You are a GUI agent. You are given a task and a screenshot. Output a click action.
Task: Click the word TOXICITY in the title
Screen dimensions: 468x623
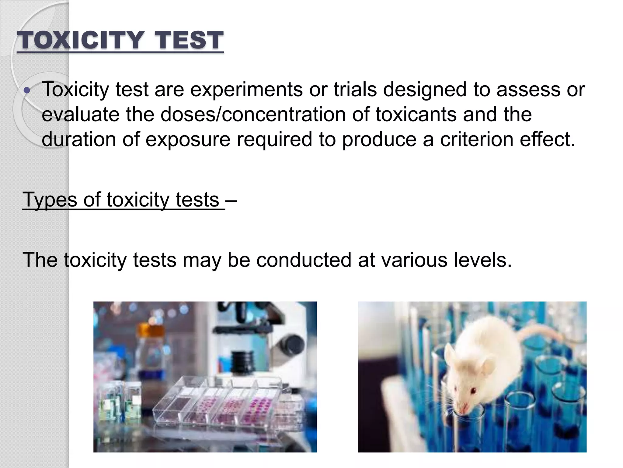tap(80, 40)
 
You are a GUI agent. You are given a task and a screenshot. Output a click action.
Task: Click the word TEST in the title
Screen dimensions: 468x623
tap(189, 40)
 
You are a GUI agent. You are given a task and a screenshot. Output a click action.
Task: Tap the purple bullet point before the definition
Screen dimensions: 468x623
tap(27, 90)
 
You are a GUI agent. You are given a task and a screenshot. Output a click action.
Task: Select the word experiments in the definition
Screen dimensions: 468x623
tap(246, 90)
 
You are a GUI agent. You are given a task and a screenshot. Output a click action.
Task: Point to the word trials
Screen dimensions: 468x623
tap(355, 90)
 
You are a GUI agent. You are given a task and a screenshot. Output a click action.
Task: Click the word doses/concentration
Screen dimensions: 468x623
tap(253, 115)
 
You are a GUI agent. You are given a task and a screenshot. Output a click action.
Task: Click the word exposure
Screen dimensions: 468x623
tap(188, 140)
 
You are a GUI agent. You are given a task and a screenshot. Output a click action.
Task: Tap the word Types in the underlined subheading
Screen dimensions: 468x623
tap(50, 200)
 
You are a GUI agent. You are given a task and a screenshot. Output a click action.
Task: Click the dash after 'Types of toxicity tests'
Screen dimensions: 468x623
tap(231, 200)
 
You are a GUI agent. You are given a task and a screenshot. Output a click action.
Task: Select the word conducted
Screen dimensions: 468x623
tap(304, 260)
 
